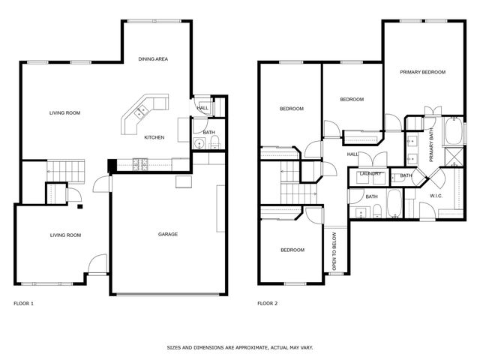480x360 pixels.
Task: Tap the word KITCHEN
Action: (x=154, y=137)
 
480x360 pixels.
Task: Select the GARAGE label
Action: (x=167, y=235)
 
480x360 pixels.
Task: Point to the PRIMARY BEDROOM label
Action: (x=422, y=72)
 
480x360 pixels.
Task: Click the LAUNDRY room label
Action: (x=370, y=174)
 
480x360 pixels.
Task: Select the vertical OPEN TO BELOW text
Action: (x=334, y=254)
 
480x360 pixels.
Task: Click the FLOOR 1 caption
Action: (x=24, y=304)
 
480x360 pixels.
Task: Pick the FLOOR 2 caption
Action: (x=267, y=304)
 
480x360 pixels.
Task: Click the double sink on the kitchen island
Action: (x=140, y=112)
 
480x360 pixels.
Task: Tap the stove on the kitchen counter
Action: (x=139, y=163)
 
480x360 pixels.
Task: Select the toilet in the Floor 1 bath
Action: (x=214, y=144)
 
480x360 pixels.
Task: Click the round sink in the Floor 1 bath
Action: (x=199, y=145)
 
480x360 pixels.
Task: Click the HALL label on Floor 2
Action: (x=352, y=154)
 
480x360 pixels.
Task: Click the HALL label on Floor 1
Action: (x=202, y=108)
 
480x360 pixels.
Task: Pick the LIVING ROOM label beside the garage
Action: (x=65, y=235)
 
